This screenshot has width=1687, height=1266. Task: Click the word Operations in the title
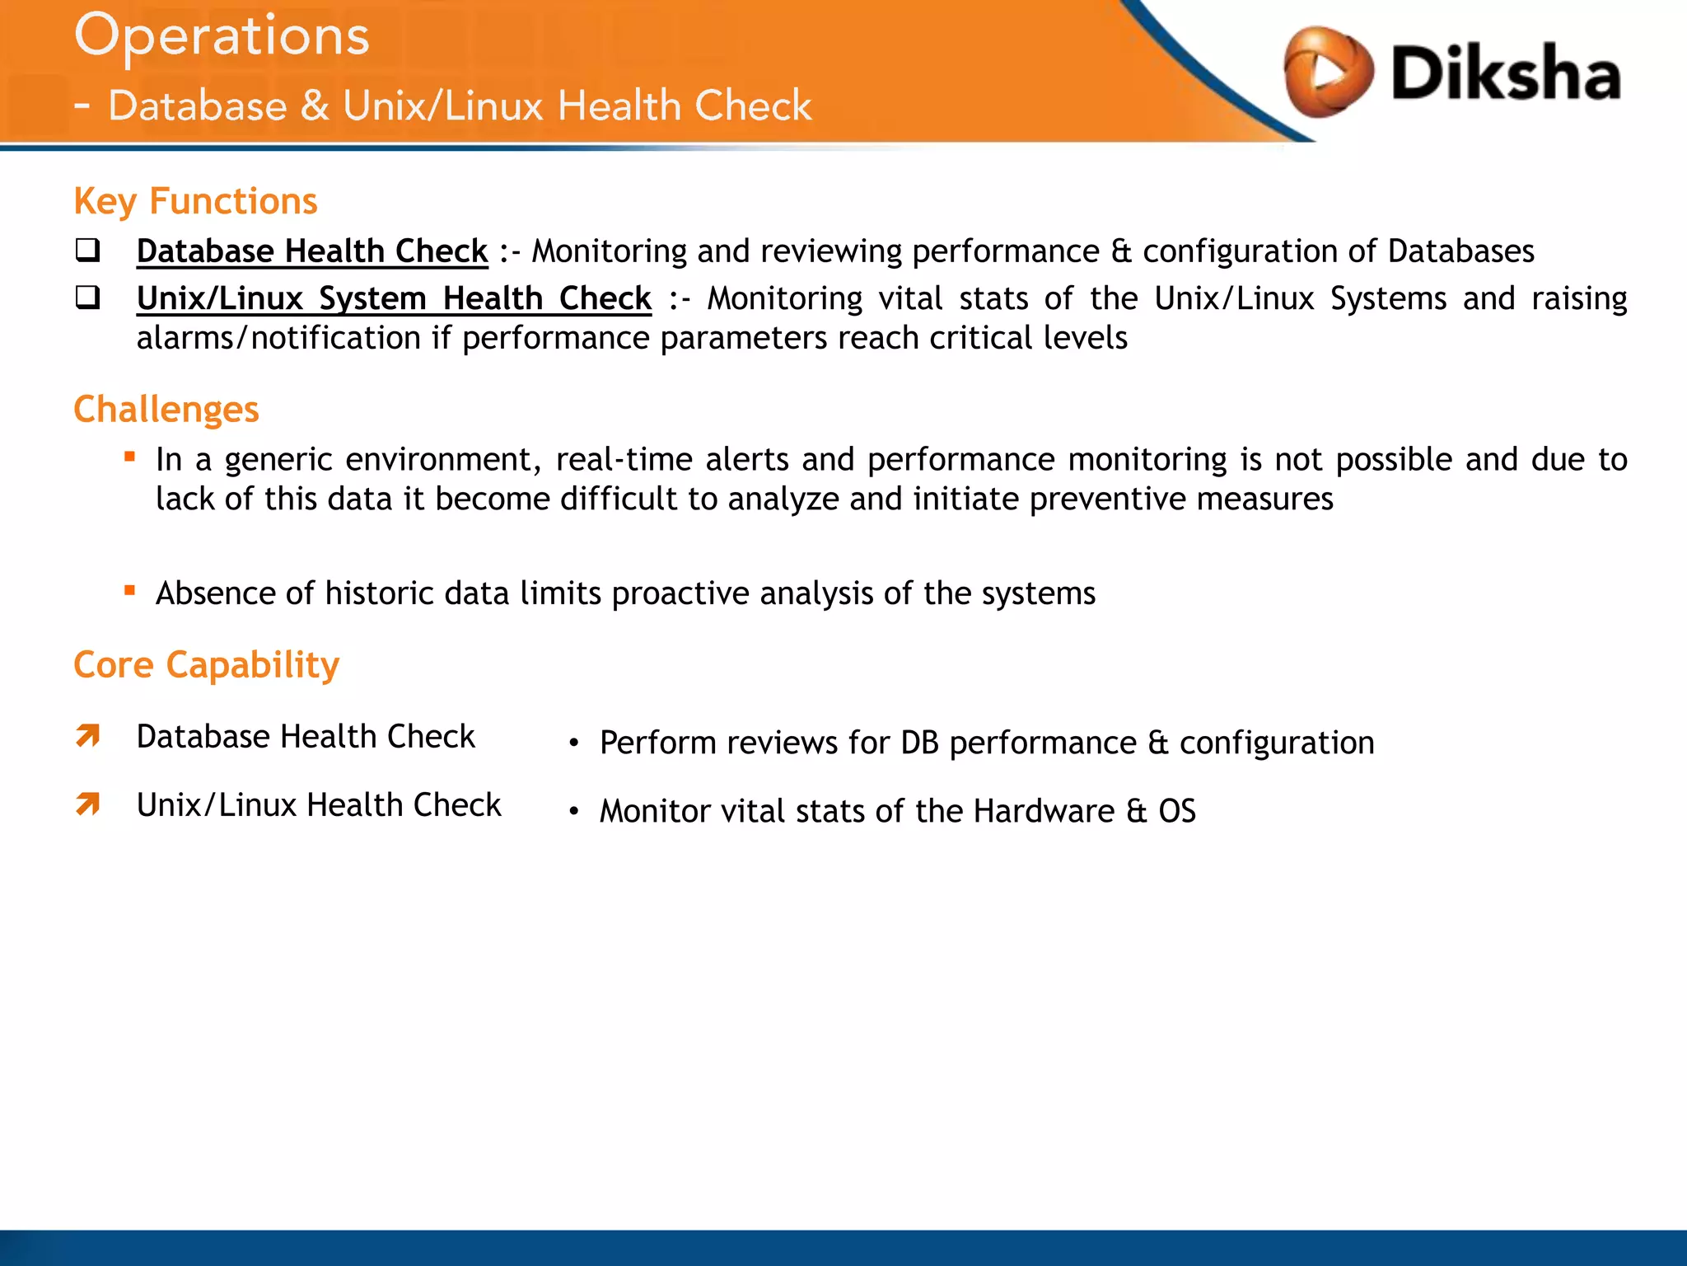pos(222,37)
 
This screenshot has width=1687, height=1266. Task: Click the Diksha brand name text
pos(1505,73)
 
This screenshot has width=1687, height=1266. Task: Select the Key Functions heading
pos(195,201)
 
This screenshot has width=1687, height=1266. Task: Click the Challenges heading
pos(166,410)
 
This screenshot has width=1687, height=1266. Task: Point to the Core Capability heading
pos(206,665)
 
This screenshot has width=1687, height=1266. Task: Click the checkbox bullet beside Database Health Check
pos(87,250)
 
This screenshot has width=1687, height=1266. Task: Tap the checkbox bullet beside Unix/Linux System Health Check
pos(87,297)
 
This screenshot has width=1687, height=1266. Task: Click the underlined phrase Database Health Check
pos(312,251)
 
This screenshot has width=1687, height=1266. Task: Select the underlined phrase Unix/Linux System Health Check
pos(394,298)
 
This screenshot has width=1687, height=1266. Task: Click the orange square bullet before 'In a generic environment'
pos(129,456)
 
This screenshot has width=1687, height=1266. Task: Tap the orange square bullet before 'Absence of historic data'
pos(129,589)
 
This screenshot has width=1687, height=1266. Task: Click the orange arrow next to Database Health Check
pos(88,735)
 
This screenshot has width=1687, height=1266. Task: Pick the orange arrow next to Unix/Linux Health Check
pos(88,804)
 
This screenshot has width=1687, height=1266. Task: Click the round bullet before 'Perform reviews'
pos(574,744)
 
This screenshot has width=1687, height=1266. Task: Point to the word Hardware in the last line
pos(1044,811)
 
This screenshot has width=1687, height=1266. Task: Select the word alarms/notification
pos(278,339)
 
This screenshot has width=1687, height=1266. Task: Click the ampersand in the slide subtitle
pos(315,106)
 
